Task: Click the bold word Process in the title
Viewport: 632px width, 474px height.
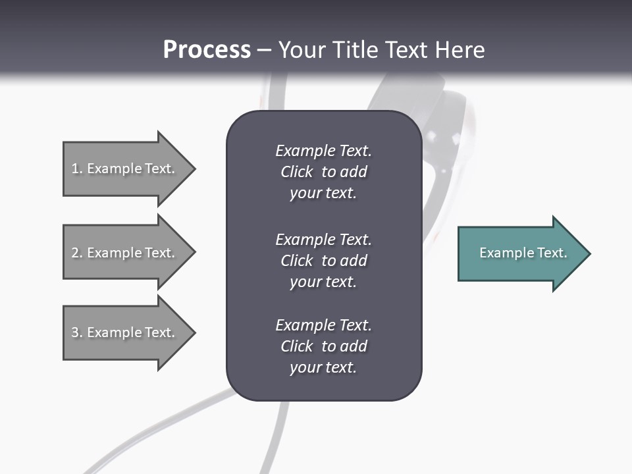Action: point(207,50)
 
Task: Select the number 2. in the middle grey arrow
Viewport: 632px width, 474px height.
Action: point(77,253)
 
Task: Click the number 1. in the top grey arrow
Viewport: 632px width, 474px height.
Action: point(76,169)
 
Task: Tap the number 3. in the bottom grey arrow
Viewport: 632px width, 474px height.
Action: point(77,332)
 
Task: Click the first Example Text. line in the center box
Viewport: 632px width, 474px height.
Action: point(323,151)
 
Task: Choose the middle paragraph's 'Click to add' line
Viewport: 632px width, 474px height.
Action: point(323,261)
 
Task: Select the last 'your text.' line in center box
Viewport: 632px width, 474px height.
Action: point(323,367)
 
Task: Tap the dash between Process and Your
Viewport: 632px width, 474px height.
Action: point(264,50)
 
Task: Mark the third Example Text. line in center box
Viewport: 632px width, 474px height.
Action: point(323,325)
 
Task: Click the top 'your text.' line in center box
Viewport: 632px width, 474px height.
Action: point(323,194)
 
